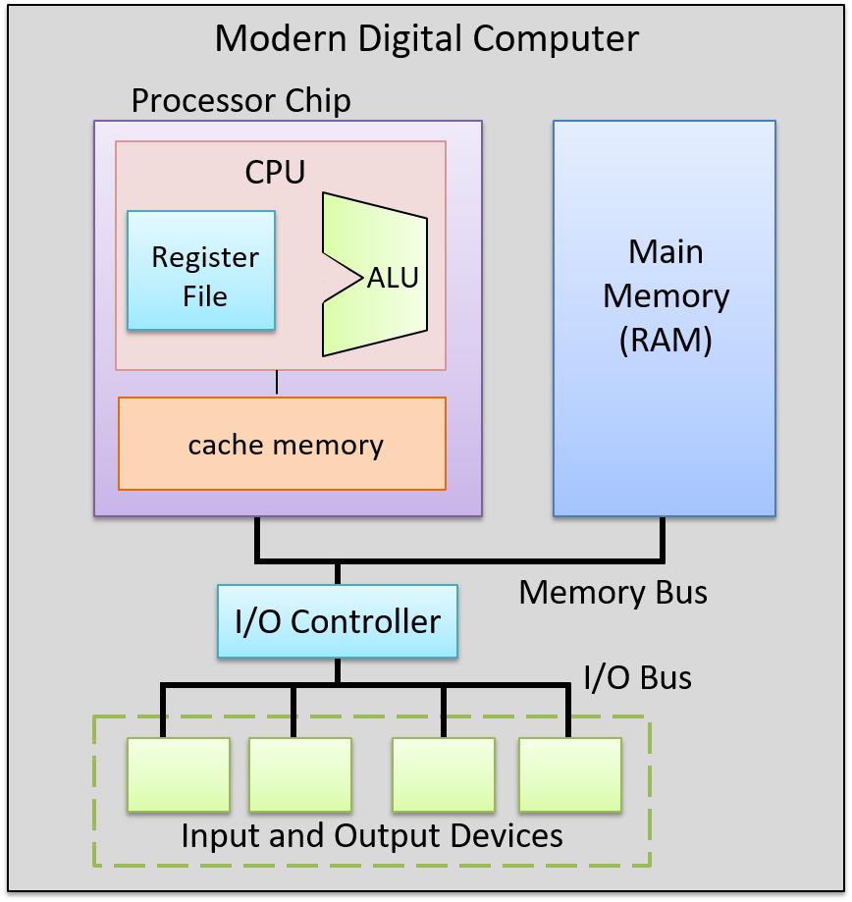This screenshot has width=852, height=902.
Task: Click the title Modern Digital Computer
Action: coord(426,39)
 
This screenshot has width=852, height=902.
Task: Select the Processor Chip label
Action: coord(240,100)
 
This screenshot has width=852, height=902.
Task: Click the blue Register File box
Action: coord(201,270)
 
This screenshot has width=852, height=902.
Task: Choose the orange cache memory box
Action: coord(283,444)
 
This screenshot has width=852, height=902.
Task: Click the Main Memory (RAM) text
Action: coord(666,295)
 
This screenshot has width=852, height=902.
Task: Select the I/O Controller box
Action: coord(338,621)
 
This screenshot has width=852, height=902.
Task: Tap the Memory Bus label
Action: coord(612,592)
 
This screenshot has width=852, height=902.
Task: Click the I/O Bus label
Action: coord(637,677)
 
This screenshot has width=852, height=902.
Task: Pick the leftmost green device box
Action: coord(179,774)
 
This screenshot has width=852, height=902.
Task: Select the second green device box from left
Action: coord(300,774)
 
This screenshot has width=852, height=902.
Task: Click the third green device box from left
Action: coord(444,774)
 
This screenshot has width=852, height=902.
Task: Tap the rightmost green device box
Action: coord(570,774)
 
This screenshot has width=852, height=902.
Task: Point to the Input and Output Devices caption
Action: coord(372,835)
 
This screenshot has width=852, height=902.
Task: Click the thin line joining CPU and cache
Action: coord(277,383)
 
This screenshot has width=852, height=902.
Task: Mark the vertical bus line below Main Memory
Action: coord(664,538)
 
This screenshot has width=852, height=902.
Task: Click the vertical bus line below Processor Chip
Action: coord(257,538)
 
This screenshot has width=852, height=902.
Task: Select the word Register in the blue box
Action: coord(205,257)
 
